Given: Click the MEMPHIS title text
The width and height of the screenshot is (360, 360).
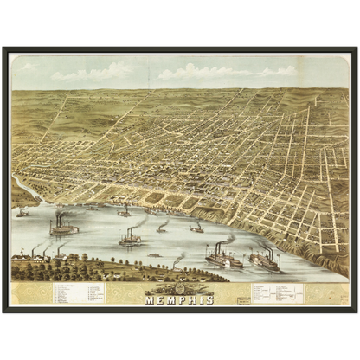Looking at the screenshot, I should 181,299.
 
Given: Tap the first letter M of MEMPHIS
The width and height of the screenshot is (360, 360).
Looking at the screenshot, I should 151,299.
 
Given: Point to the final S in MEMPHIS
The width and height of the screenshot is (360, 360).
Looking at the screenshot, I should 211,299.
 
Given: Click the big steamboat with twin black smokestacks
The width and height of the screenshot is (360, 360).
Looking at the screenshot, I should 63,228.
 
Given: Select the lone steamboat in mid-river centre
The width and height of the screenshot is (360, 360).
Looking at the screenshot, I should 131,238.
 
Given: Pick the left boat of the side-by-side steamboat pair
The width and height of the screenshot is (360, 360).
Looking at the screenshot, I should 223,258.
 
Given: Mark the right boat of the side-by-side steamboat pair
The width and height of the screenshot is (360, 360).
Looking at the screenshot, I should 265,260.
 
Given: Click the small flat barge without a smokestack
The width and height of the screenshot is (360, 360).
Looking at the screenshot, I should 154,255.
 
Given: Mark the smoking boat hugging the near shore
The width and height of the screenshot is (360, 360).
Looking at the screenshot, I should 177,262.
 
